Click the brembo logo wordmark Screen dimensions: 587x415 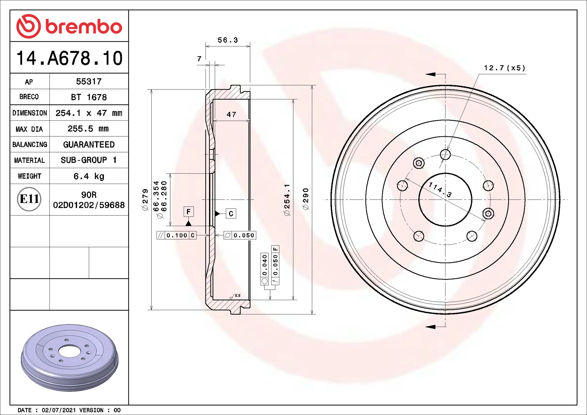(x=84, y=27)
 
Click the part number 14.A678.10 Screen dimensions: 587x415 (x=69, y=58)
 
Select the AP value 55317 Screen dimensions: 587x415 (x=89, y=82)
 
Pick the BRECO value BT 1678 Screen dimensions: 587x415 (x=89, y=97)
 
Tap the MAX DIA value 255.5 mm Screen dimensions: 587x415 (x=88, y=129)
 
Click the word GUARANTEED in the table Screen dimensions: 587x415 (x=89, y=145)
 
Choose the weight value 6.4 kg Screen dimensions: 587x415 (x=89, y=176)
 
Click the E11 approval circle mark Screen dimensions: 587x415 (x=29, y=199)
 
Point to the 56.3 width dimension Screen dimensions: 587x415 (x=228, y=40)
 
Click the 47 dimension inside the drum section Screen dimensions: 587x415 (x=231, y=115)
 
